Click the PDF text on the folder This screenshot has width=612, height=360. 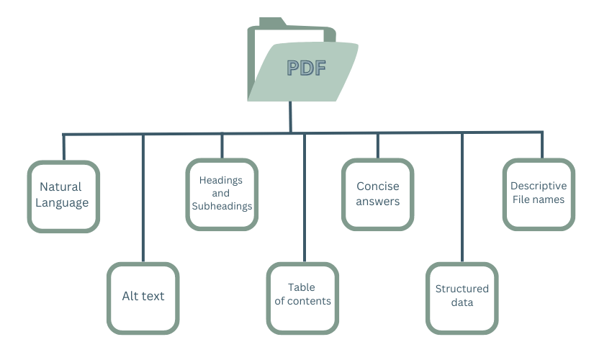pyautogui.click(x=307, y=68)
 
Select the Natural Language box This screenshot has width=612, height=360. pyautogui.click(x=63, y=196)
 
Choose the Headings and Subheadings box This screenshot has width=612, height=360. pyautogui.click(x=222, y=194)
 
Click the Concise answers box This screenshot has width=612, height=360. pyautogui.click(x=377, y=194)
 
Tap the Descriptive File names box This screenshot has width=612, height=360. pyautogui.click(x=539, y=194)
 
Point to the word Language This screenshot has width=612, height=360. pyautogui.click(x=63, y=203)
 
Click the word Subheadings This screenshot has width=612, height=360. pyautogui.click(x=222, y=207)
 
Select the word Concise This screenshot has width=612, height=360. pyautogui.click(x=377, y=186)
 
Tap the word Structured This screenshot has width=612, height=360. pyautogui.click(x=462, y=289)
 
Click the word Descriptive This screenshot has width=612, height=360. pyautogui.click(x=539, y=186)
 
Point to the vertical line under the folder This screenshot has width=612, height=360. pyautogui.click(x=290, y=116)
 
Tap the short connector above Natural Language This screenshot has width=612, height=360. pyautogui.click(x=63, y=147)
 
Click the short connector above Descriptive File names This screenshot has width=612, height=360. pyautogui.click(x=541, y=145)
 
